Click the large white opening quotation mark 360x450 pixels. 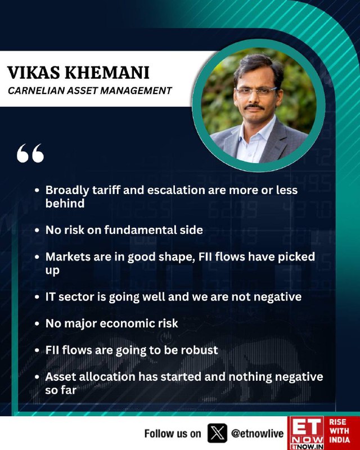[30, 153]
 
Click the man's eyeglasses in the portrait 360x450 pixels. [255, 92]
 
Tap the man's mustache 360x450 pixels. [254, 107]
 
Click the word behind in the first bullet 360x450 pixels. [65, 203]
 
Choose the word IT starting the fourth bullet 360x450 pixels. [50, 297]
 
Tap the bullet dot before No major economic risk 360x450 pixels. [37, 324]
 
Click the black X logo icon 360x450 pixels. [217, 433]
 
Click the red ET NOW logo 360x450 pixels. [307, 433]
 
